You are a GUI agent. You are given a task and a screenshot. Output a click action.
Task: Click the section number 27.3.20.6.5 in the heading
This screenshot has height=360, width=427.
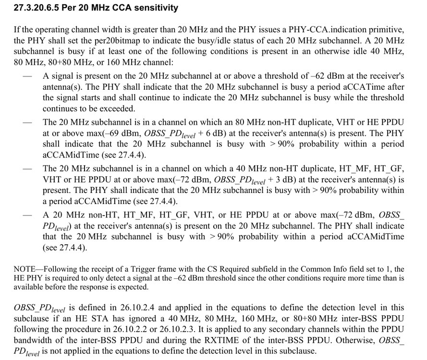(x=40, y=8)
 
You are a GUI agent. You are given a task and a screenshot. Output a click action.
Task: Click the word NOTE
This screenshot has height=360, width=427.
(x=24, y=269)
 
